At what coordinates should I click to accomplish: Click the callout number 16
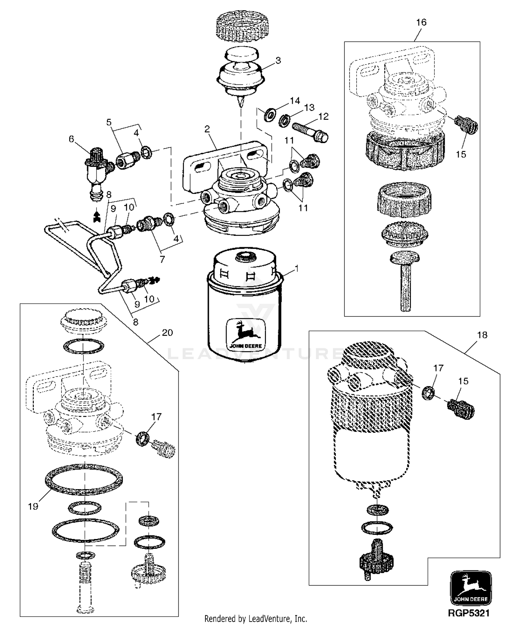pos(421,23)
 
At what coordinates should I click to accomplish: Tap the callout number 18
pos(482,335)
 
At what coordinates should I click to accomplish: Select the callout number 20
pos(167,332)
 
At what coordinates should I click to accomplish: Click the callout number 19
pos(33,507)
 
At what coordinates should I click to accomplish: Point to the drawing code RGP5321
pos(469,613)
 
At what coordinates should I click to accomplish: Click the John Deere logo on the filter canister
pos(245,333)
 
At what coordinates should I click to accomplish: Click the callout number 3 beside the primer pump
pos(278,60)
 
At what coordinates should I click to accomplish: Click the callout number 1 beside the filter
pos(296,269)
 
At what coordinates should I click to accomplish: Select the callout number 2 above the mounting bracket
pos(207,129)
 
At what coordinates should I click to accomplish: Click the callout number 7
pos(162,259)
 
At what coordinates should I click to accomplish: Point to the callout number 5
pos(109,122)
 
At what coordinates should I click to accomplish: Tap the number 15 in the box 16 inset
pos(461,154)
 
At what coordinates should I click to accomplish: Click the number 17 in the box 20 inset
pos(156,417)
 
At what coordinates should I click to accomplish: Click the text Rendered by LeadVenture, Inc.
pos(256,618)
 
